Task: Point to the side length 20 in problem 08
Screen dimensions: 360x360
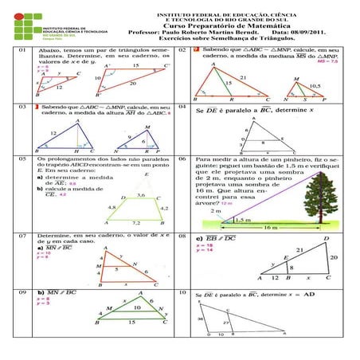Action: [x=334, y=258]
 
